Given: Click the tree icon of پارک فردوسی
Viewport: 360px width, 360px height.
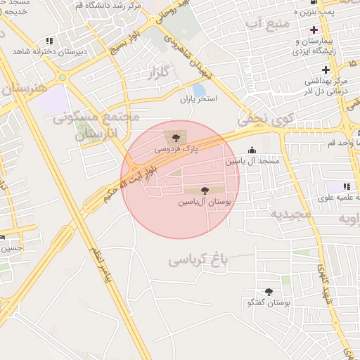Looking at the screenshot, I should click(175, 138).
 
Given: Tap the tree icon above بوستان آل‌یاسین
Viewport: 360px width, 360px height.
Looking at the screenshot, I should click(205, 190).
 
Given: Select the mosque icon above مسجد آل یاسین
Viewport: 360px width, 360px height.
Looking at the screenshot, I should click(252, 150).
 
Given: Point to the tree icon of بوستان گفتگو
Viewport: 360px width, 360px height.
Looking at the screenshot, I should click(269, 291).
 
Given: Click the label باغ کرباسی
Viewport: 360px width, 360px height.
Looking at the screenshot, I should click(199, 260).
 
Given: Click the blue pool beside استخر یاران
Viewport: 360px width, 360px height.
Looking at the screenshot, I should click(199, 90).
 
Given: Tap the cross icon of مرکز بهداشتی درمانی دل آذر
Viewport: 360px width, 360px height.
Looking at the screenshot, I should click(326, 70).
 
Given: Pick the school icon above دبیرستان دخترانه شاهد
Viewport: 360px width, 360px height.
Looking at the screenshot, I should click(48, 41).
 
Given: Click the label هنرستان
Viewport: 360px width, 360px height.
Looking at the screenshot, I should click(25, 88).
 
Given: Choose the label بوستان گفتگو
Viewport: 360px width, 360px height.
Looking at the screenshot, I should click(269, 303).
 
